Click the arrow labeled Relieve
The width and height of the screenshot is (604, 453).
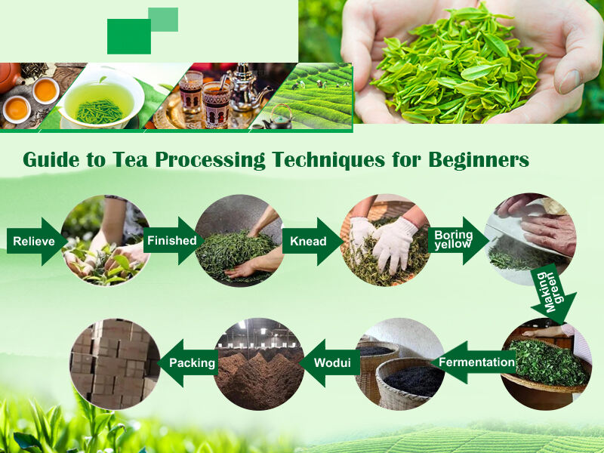[35, 241]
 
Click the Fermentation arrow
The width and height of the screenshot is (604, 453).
[474, 362]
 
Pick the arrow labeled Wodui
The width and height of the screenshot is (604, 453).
[329, 362]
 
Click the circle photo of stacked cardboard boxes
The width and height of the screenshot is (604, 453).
[115, 363]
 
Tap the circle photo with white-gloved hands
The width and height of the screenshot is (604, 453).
[386, 240]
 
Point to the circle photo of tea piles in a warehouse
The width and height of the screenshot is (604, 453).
[259, 363]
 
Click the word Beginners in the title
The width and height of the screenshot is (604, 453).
[479, 160]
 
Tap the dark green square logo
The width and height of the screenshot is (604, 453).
[128, 36]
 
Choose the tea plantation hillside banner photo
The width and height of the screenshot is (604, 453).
[317, 94]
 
